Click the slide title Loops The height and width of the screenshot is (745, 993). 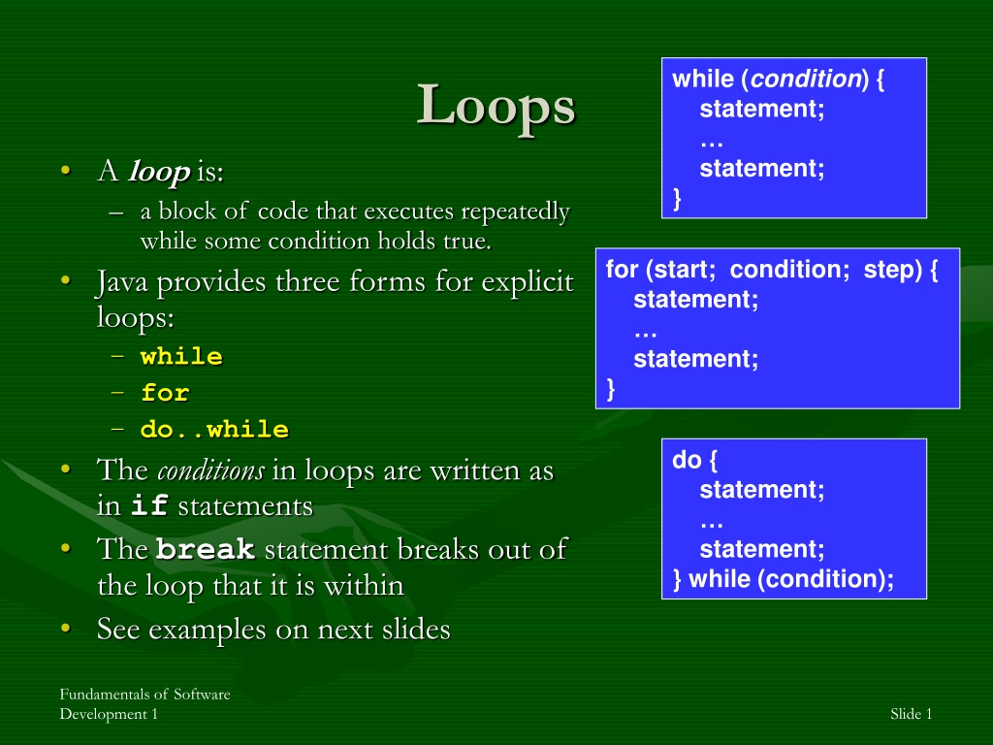(496, 105)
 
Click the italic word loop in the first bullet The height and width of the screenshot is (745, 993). (159, 171)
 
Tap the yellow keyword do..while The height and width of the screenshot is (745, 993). (214, 430)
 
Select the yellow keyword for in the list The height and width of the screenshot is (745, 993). (165, 393)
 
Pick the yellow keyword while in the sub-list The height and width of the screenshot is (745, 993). (181, 356)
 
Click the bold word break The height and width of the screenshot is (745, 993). (206, 549)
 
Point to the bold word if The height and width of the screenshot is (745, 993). (149, 505)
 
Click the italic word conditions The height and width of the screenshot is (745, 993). (210, 470)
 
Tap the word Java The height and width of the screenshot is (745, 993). (121, 282)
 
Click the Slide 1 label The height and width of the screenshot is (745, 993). (911, 714)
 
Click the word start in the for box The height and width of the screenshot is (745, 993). (681, 270)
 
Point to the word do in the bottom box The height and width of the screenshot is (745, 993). (687, 460)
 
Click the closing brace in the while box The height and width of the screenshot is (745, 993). (677, 198)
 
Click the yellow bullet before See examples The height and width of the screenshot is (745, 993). (65, 628)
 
